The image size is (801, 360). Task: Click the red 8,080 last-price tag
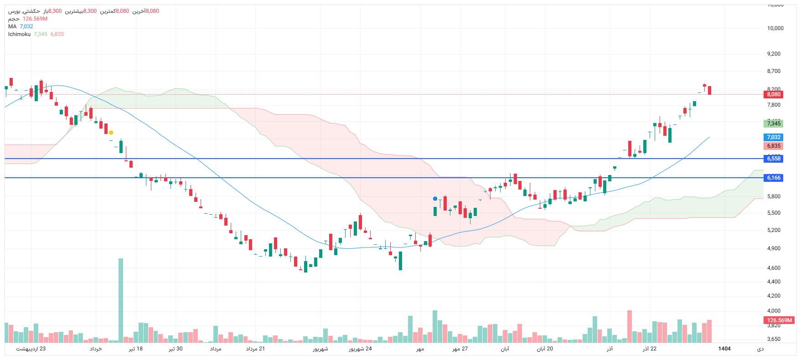pyautogui.click(x=773, y=94)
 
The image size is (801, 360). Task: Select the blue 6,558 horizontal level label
pyautogui.click(x=773, y=159)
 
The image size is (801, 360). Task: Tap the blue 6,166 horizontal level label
pyautogui.click(x=773, y=178)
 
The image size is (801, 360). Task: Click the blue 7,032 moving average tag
pyautogui.click(x=773, y=137)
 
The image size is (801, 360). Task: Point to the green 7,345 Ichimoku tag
pyautogui.click(x=773, y=123)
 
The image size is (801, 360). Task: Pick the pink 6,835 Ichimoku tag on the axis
pyautogui.click(x=773, y=146)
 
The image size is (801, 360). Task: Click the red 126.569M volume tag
pyautogui.click(x=779, y=320)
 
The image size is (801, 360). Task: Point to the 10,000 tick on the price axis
pyautogui.click(x=775, y=28)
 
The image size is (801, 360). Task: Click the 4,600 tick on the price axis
pyautogui.click(x=774, y=268)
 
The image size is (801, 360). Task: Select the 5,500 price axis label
pyautogui.click(x=774, y=213)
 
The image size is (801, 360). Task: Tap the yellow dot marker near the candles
pyautogui.click(x=111, y=133)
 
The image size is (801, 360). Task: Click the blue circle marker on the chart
pyautogui.click(x=435, y=199)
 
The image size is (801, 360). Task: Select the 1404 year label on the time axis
pyautogui.click(x=724, y=349)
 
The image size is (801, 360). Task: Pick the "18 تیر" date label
pyautogui.click(x=135, y=349)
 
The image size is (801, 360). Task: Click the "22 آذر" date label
pyautogui.click(x=650, y=349)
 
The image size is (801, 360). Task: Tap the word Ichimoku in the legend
pyautogui.click(x=19, y=34)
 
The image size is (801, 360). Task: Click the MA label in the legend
pyautogui.click(x=12, y=26)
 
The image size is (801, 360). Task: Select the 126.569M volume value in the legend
pyautogui.click(x=35, y=19)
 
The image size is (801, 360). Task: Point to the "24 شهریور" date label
pyautogui.click(x=360, y=349)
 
